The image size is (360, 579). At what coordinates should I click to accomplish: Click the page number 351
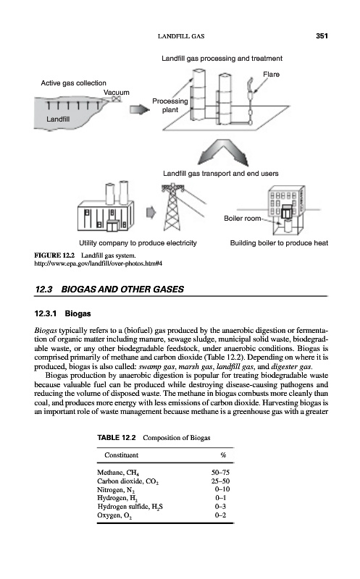click(322, 35)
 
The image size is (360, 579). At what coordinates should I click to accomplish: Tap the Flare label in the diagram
click(271, 75)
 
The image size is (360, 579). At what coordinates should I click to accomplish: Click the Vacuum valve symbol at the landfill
click(117, 99)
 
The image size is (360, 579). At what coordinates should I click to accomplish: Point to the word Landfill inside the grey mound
click(58, 119)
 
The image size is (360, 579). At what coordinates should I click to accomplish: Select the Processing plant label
click(170, 105)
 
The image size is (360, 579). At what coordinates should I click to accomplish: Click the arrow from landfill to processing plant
click(139, 109)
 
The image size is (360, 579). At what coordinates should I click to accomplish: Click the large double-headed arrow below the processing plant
click(223, 153)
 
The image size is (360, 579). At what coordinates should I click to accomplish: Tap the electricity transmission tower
click(172, 208)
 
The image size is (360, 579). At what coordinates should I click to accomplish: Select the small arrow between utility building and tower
click(151, 212)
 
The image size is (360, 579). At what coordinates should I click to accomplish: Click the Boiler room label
click(243, 219)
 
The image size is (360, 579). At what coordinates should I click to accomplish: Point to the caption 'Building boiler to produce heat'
click(279, 243)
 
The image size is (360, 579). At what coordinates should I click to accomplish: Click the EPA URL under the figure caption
click(98, 263)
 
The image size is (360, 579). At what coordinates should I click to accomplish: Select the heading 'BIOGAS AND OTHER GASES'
click(122, 289)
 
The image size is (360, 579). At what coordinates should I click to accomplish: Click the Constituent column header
click(121, 455)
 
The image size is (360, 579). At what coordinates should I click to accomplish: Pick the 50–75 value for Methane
click(220, 473)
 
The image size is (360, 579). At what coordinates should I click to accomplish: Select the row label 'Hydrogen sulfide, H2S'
click(130, 507)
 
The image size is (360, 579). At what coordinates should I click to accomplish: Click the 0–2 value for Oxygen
click(220, 515)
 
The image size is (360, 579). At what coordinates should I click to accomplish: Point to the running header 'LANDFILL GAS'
click(181, 36)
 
